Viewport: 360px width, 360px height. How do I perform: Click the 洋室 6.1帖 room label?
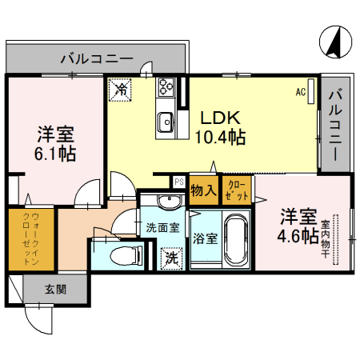tap(55, 142)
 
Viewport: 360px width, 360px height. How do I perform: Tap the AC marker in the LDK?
tap(301, 92)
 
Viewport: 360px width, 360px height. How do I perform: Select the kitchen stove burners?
tap(167, 87)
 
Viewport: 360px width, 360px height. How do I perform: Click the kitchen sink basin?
tap(166, 122)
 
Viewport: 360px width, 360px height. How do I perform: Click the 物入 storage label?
tap(203, 190)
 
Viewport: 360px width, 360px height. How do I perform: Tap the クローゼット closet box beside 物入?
tap(238, 190)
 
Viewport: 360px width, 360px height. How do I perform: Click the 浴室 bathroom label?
tap(205, 238)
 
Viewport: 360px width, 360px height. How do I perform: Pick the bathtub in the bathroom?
tap(237, 241)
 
